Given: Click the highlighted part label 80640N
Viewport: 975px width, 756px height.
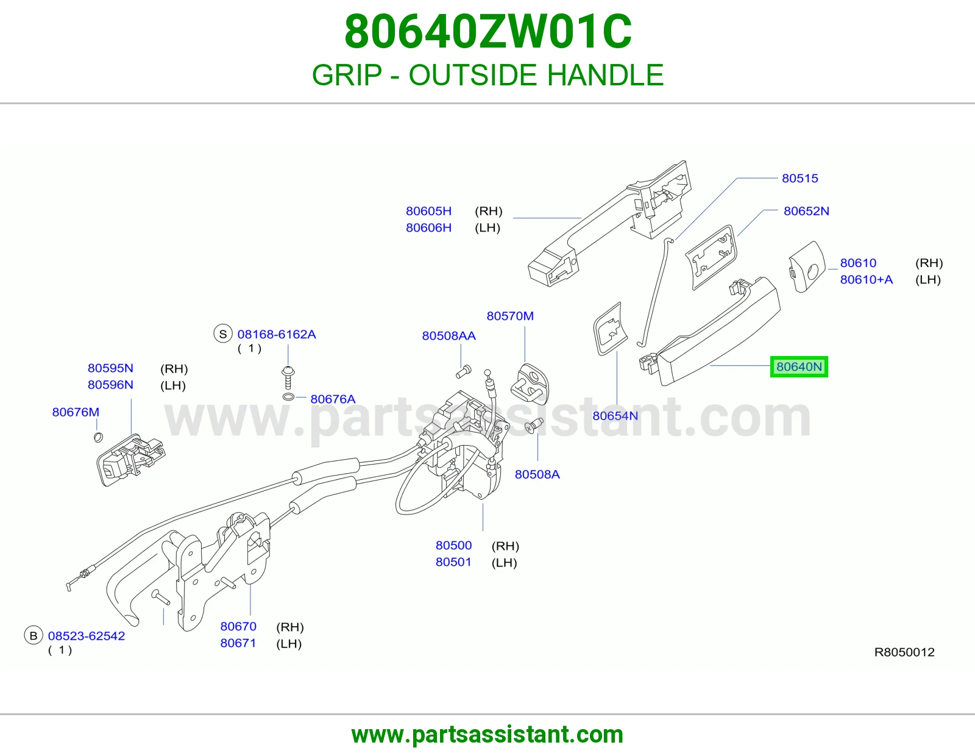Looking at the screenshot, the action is click(799, 367).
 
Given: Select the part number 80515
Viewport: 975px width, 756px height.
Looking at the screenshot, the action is click(799, 178).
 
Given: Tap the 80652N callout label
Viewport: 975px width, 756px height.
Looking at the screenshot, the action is click(806, 211).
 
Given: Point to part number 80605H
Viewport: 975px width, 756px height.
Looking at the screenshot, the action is click(428, 211).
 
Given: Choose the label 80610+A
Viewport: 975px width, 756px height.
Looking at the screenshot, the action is click(866, 280).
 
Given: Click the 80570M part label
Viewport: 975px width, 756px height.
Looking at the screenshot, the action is click(510, 316).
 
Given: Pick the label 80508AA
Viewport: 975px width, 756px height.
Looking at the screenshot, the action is click(448, 336).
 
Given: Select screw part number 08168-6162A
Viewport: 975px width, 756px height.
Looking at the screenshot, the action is click(277, 334).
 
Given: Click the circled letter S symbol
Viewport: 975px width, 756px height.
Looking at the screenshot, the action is click(223, 334).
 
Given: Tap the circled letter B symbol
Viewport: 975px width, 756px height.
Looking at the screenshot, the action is click(33, 636).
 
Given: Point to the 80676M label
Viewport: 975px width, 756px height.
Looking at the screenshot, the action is click(76, 412).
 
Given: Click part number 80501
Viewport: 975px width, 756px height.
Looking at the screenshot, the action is click(453, 562).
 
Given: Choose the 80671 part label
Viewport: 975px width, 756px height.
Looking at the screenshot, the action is click(238, 643).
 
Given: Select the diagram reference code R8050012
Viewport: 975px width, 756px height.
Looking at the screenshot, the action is click(904, 652).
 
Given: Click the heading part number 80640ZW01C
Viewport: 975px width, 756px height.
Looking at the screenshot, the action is click(487, 32).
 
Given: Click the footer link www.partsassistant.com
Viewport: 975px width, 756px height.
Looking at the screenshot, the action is click(487, 735).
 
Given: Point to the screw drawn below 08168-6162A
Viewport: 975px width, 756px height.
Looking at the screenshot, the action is click(288, 377).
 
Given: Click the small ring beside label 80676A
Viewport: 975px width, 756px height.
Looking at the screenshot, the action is click(288, 397).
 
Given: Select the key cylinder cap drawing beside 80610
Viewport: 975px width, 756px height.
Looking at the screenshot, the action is click(807, 267).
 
